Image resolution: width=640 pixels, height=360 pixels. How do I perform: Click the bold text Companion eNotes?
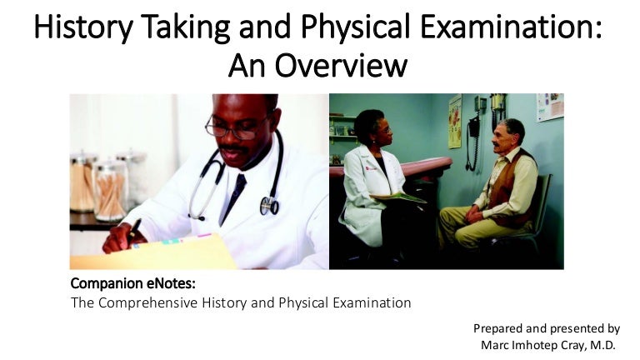pyautogui.click(x=133, y=284)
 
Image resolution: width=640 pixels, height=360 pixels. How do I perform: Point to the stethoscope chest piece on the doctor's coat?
pyautogui.click(x=268, y=204)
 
